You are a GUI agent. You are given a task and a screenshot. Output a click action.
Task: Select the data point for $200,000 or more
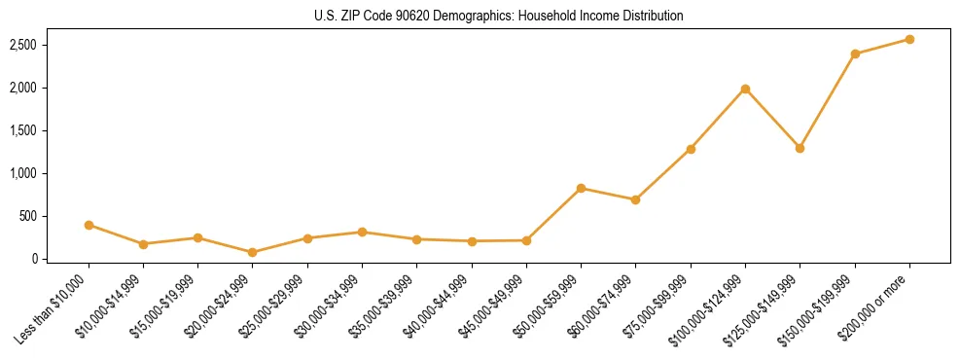(x=909, y=39)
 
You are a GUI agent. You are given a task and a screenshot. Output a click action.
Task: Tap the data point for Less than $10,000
(x=89, y=225)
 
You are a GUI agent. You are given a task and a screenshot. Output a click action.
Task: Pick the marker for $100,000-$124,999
(x=745, y=89)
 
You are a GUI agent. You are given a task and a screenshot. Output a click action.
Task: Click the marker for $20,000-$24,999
(x=253, y=252)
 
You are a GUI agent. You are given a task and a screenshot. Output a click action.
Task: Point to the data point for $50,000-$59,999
(x=581, y=188)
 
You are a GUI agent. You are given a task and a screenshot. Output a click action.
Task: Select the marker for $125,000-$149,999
(x=800, y=148)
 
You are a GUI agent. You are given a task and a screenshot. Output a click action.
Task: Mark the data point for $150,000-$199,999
(x=855, y=54)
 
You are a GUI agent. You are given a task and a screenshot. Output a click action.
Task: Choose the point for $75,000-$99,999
(x=691, y=149)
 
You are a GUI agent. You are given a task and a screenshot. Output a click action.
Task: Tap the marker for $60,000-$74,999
(x=635, y=199)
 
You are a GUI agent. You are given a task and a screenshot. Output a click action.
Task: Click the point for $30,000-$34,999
(x=362, y=232)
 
